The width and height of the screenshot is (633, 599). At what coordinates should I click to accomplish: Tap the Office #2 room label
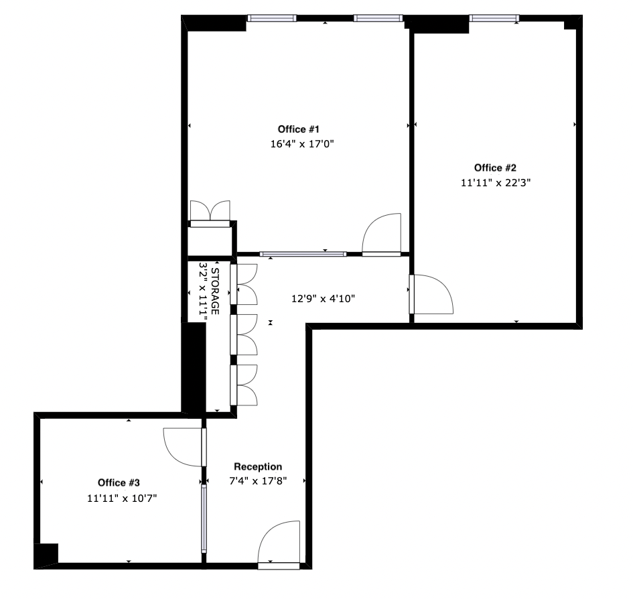(495, 168)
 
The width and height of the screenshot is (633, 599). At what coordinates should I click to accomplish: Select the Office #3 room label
(119, 482)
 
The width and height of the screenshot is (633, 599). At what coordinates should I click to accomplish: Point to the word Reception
(258, 466)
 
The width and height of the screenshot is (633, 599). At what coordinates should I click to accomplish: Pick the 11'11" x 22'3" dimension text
(496, 182)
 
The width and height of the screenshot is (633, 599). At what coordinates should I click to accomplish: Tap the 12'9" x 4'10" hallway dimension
(318, 299)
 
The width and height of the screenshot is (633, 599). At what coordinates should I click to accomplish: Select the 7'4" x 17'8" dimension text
(258, 480)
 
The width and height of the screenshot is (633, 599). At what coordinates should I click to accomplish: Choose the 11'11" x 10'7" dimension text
(121, 498)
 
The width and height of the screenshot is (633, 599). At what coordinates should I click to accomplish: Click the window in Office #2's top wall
(494, 17)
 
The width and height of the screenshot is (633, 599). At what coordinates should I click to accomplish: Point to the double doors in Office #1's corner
(210, 212)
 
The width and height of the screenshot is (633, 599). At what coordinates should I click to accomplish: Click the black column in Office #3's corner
(47, 555)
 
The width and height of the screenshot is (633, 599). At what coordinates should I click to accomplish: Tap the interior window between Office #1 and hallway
(303, 254)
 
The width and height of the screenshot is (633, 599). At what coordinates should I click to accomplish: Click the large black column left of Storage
(194, 367)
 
